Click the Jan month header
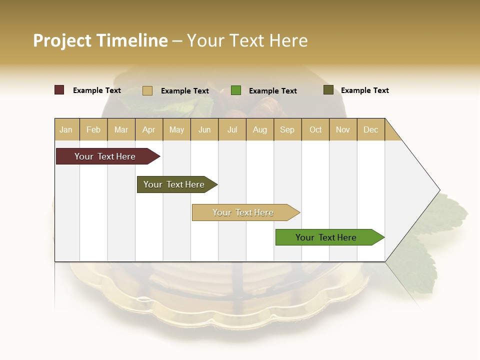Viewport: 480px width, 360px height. [66, 129]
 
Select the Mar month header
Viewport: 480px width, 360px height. [121, 129]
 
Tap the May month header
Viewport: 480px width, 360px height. [176, 129]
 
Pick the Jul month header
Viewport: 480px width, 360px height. [232, 129]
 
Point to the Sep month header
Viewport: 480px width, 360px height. [287, 129]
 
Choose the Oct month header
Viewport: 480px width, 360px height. [315, 129]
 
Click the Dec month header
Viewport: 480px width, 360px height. [370, 129]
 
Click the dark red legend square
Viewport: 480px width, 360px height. [59, 90]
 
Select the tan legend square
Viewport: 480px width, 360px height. [147, 90]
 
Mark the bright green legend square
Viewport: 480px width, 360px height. [236, 90]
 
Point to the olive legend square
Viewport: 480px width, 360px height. [328, 90]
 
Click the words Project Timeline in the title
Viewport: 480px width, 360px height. [100, 40]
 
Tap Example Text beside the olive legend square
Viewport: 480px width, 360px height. [364, 90]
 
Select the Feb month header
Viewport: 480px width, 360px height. [93, 129]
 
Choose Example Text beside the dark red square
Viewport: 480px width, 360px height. [96, 90]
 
